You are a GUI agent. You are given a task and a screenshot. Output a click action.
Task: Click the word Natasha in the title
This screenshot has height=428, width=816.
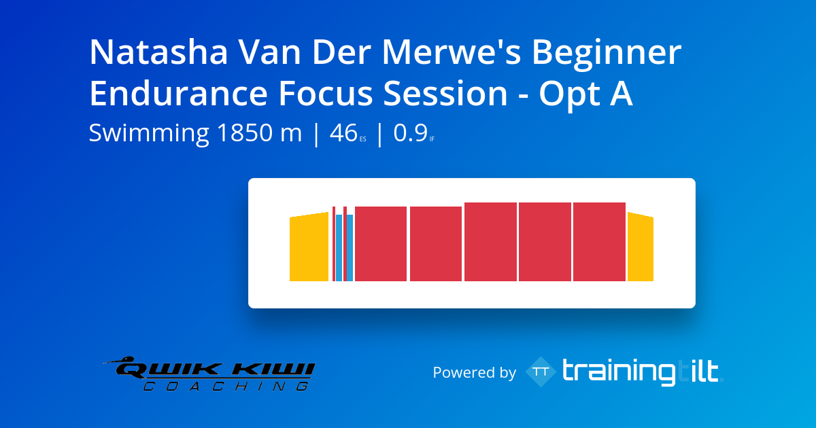point(159,52)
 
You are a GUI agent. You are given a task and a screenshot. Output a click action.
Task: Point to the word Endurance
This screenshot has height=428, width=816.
point(179,94)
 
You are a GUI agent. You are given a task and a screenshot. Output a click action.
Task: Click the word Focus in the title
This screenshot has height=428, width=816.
point(326,94)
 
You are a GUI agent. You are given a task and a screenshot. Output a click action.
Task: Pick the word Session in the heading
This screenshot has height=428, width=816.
point(445,94)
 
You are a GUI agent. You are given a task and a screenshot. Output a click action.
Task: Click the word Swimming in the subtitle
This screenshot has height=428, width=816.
point(149,134)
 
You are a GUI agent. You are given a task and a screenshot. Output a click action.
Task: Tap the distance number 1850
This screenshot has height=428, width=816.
point(245,132)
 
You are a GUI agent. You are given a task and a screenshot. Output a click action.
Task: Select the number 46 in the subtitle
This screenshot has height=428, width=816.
point(343,132)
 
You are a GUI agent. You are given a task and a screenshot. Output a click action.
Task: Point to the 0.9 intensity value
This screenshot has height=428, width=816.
point(410,132)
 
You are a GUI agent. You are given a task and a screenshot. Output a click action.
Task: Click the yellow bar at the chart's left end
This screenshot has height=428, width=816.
point(309,247)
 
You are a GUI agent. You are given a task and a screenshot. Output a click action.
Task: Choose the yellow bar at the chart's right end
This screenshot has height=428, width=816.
point(641,247)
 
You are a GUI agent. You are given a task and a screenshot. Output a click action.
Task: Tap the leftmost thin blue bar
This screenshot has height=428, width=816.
point(339,248)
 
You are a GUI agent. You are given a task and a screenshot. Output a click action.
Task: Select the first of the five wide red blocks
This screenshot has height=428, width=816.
point(381,244)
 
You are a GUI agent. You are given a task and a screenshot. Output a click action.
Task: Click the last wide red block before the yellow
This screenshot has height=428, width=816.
point(599,242)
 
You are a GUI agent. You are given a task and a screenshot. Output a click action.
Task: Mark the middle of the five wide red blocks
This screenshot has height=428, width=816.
point(490,242)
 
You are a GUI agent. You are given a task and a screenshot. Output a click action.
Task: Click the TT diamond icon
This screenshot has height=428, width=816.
point(541,372)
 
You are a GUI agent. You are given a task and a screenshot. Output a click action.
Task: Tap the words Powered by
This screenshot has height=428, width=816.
point(475,373)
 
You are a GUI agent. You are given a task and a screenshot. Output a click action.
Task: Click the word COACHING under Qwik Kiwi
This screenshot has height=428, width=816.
point(226,386)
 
